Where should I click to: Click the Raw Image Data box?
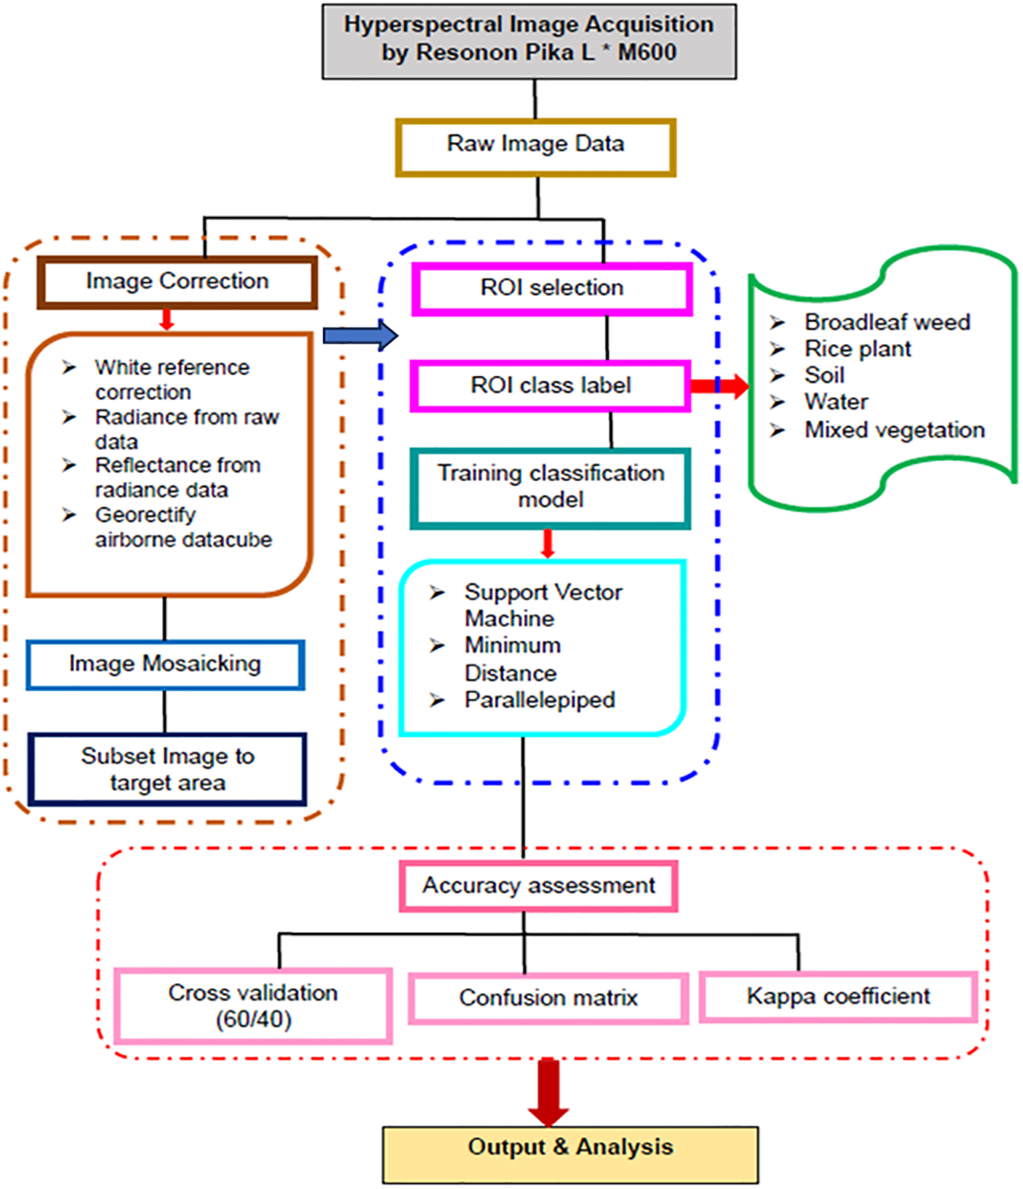535,147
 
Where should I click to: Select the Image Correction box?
177,282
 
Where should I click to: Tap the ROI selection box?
552,289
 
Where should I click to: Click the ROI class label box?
550,386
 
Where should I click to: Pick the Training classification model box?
550,488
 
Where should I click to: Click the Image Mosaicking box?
165,664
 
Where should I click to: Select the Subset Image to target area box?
167,769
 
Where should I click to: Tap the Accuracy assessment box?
538,886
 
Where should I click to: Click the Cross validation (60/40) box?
253,1006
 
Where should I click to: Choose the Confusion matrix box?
548,998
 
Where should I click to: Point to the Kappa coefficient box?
838,996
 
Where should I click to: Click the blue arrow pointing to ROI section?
360,335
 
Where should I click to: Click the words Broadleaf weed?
886,323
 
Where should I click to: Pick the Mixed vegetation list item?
894,431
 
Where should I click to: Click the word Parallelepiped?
539,700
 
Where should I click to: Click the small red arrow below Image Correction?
167,319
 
